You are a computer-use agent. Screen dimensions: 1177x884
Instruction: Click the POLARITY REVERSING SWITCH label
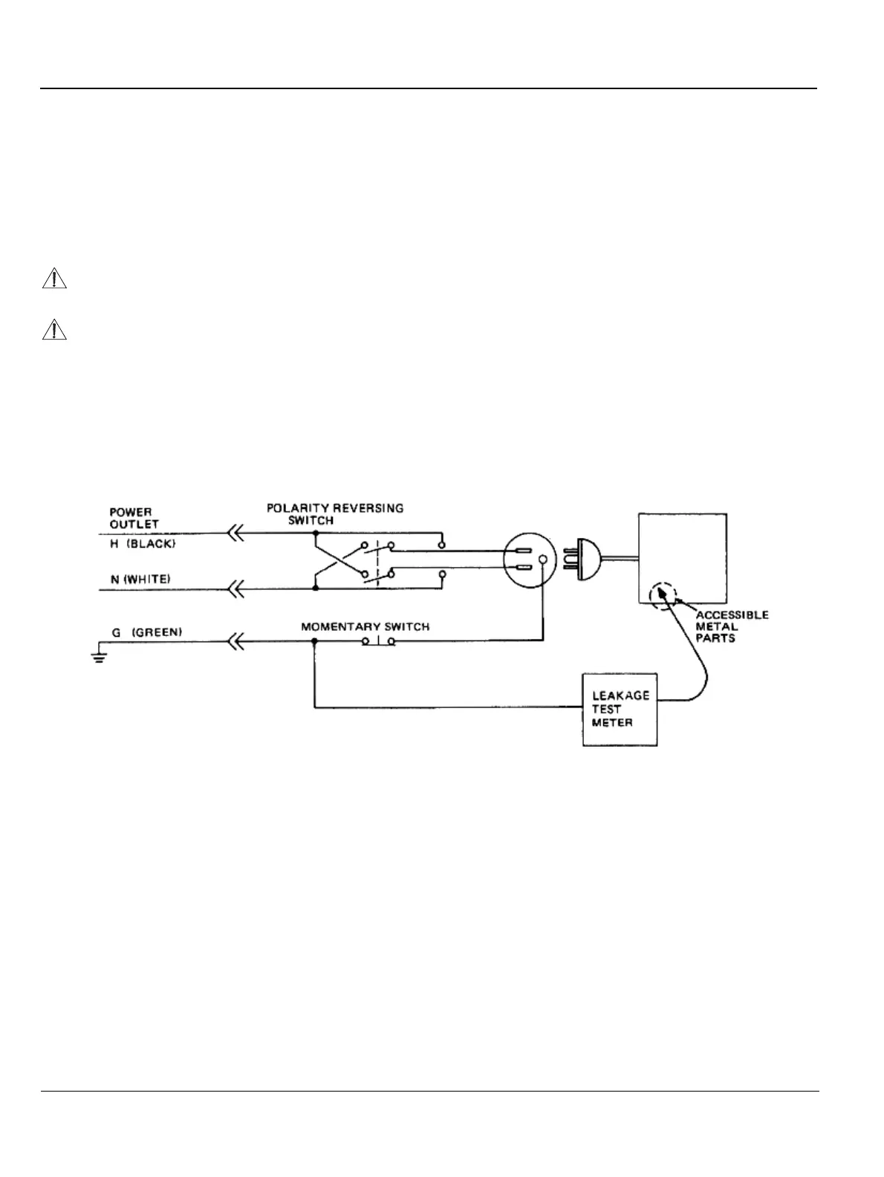pos(335,514)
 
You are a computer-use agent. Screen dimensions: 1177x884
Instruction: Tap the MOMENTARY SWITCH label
pos(365,626)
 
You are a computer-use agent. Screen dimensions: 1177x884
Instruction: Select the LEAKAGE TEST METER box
pos(620,710)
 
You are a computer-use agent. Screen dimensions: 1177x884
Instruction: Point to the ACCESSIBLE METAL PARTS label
pos(731,626)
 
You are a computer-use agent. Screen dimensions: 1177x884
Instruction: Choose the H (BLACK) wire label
pos(143,544)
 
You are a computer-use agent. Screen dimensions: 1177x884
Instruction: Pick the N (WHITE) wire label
pos(140,579)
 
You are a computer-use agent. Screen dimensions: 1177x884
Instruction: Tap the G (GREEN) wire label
pos(146,632)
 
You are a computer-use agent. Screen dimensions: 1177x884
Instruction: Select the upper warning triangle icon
pos(53,279)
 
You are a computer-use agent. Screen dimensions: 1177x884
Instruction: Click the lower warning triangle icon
pos(53,329)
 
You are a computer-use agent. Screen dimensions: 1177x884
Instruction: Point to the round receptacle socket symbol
pos(527,561)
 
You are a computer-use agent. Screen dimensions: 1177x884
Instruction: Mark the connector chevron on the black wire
pos(235,533)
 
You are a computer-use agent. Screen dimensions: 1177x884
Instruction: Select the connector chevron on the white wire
pos(235,589)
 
